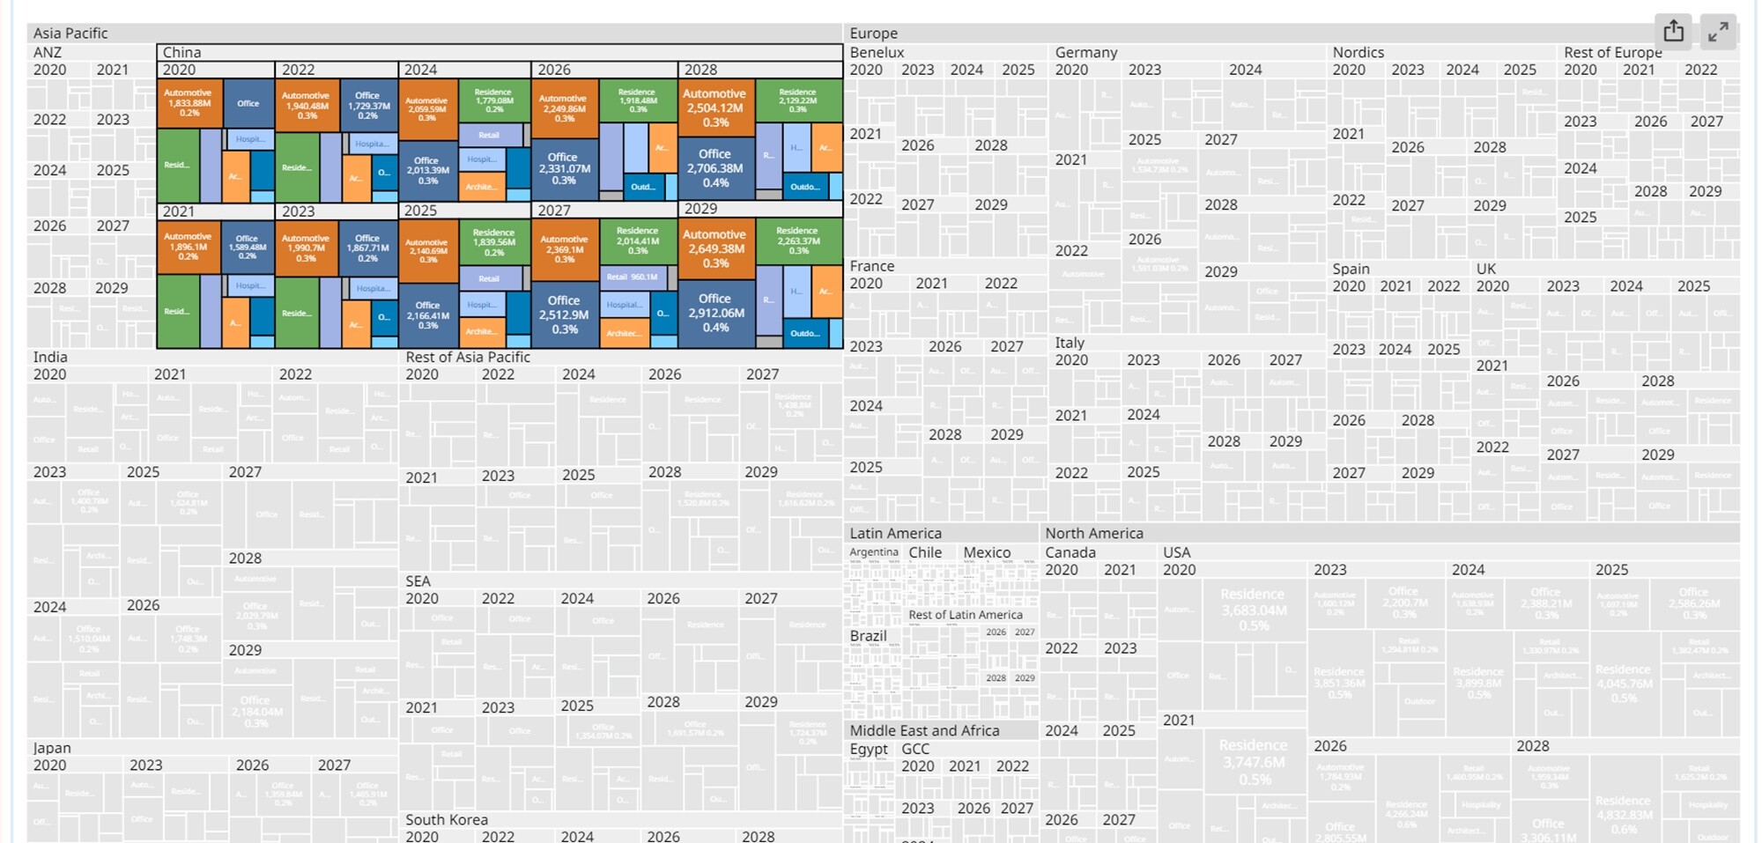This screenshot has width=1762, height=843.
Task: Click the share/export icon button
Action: pos(1673,32)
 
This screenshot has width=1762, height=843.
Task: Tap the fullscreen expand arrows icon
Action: pos(1717,33)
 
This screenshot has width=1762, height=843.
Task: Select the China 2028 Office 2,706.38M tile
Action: pos(714,167)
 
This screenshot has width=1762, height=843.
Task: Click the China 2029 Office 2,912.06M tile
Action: pos(714,313)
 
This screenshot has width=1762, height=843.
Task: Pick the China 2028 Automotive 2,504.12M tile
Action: pos(714,107)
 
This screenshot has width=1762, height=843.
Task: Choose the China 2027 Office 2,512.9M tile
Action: pos(564,314)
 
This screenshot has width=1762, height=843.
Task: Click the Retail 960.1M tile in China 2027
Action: pos(632,277)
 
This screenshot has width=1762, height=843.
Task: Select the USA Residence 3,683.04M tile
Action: pos(1254,609)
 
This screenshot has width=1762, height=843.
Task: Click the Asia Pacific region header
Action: pos(70,33)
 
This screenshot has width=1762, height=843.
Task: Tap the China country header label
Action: pos(181,53)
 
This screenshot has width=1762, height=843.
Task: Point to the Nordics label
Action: pos(1358,53)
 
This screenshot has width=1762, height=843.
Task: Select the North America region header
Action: pos(1093,533)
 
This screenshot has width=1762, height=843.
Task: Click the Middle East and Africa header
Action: pos(924,730)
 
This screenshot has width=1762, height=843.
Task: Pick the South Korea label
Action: pos(446,819)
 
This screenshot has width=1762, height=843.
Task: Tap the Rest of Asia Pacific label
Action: pos(467,357)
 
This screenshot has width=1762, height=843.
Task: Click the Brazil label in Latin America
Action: pos(868,635)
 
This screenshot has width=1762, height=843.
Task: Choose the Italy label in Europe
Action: pos(1070,343)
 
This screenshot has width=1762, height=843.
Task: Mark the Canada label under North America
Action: pos(1070,552)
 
